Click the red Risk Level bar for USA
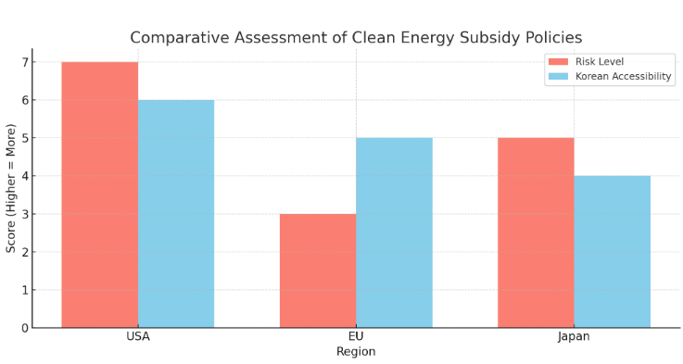click(100, 195)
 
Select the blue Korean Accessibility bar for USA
click(176, 214)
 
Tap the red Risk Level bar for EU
click(318, 270)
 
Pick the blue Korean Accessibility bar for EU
click(394, 232)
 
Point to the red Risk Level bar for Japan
click(536, 232)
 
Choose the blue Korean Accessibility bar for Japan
click(612, 252)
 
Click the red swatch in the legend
click(559, 62)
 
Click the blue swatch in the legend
click(559, 76)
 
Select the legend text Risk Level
click(600, 62)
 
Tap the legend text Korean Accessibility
click(624, 76)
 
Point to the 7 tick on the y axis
click(25, 62)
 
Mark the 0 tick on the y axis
click(25, 328)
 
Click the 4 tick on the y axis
click(25, 176)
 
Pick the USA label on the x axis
click(138, 336)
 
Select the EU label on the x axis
click(356, 336)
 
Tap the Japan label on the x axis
click(574, 336)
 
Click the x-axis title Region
click(356, 352)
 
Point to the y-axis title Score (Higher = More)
click(10, 188)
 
